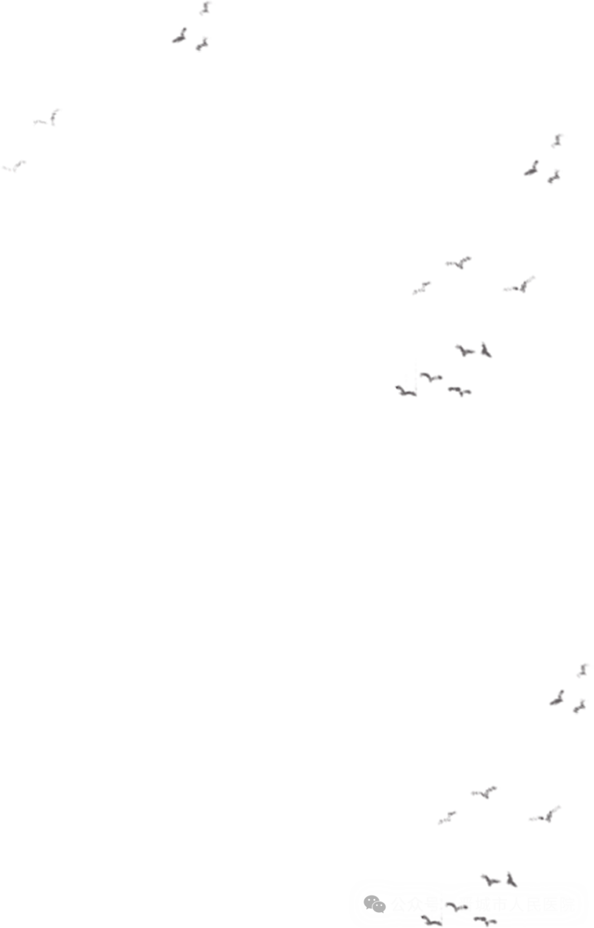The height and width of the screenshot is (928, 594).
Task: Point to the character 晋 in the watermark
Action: click(466, 904)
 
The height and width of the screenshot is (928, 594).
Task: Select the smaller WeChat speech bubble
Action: click(378, 907)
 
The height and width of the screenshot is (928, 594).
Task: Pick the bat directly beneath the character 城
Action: click(485, 921)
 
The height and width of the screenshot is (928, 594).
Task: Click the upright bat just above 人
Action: click(512, 879)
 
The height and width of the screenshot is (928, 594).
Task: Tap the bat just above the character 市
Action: click(490, 879)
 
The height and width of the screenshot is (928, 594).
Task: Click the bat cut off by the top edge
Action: click(206, 7)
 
